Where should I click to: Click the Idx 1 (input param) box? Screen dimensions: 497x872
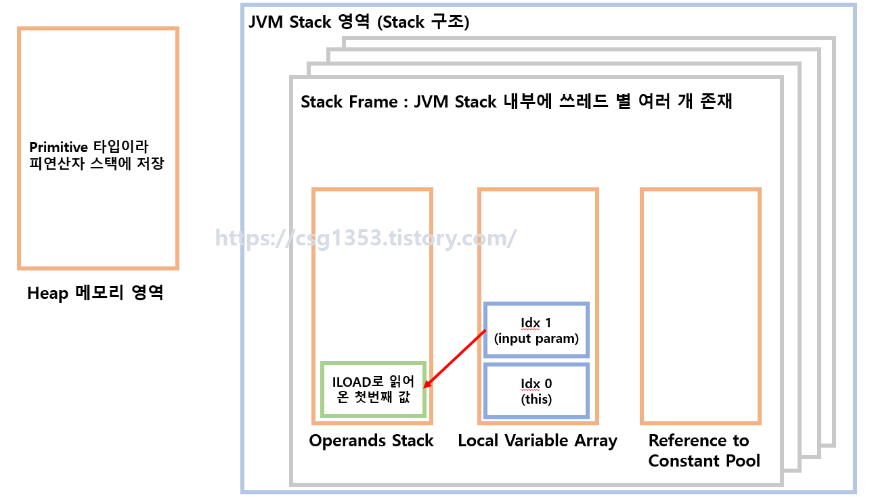536,330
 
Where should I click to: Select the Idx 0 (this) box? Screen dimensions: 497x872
536,391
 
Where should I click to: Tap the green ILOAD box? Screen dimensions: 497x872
373,389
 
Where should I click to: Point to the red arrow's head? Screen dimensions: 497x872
426,386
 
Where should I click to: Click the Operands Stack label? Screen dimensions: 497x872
371,441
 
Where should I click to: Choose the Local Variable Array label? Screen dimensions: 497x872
538,441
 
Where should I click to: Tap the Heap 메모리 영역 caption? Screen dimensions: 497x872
95,293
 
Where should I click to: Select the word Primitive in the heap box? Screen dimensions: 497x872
58,147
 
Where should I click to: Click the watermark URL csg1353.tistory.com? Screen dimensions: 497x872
366,238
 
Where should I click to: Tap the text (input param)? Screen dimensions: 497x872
536,339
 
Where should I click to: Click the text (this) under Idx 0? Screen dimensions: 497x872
536,399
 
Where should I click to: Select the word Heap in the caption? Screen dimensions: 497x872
47,293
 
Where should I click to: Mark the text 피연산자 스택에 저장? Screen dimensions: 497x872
96,164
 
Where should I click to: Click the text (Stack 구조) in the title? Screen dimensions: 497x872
423,22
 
